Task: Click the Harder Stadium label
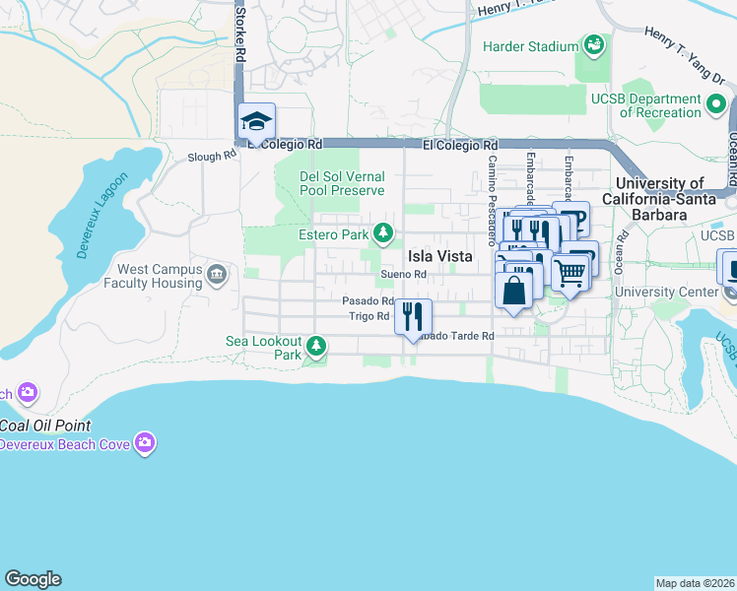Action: point(530,47)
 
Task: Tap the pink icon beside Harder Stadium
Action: point(593,45)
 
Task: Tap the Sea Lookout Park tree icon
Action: point(316,346)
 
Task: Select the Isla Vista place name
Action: point(440,256)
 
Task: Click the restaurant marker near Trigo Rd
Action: point(413,316)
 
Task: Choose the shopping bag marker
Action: point(514,291)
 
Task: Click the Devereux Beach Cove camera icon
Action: point(145,444)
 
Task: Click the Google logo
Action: point(33,579)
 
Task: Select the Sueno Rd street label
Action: point(403,275)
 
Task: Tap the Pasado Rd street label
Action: point(368,301)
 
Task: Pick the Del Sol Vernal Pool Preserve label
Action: point(342,183)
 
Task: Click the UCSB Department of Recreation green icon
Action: point(717,101)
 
